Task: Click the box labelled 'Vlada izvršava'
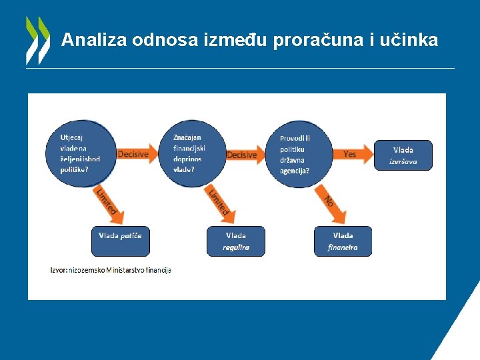click(x=403, y=155)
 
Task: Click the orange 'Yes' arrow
click(x=352, y=154)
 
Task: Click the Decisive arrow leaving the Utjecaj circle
click(x=136, y=154)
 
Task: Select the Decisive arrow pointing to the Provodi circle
click(x=244, y=155)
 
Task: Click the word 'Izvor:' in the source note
click(x=59, y=270)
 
